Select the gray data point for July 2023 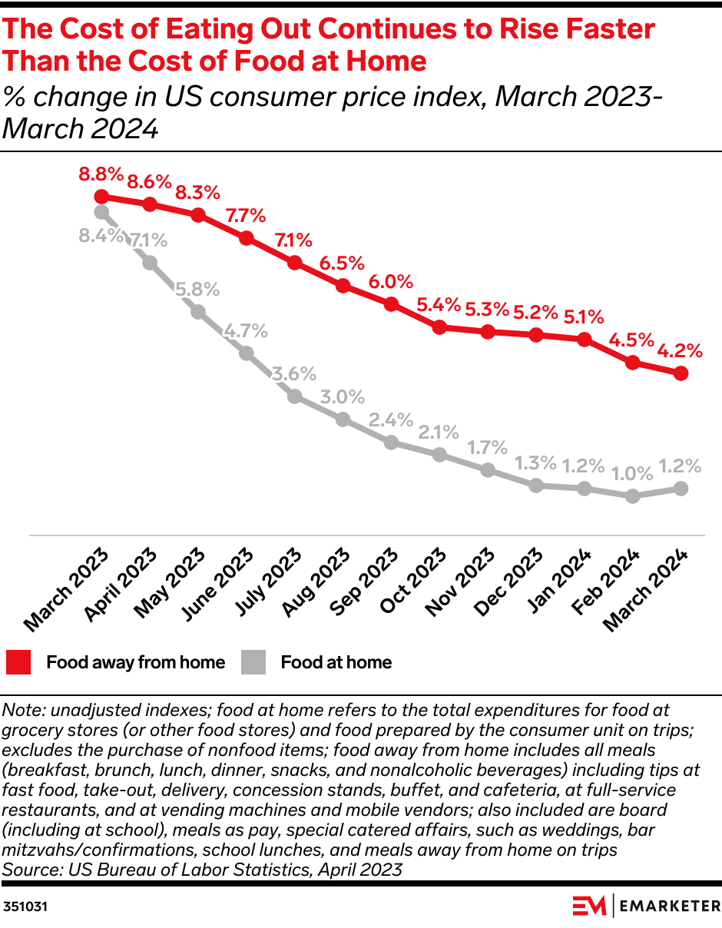[x=294, y=396]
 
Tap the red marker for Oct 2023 [x=439, y=327]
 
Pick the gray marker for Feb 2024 [x=632, y=496]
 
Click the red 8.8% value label [x=101, y=174]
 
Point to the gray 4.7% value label [x=246, y=332]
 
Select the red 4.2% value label [x=681, y=351]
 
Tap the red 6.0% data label [x=391, y=282]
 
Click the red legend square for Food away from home [x=19, y=662]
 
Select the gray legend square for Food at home [x=253, y=662]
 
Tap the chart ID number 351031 [x=25, y=906]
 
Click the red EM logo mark [x=589, y=906]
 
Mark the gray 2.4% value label [x=391, y=420]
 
